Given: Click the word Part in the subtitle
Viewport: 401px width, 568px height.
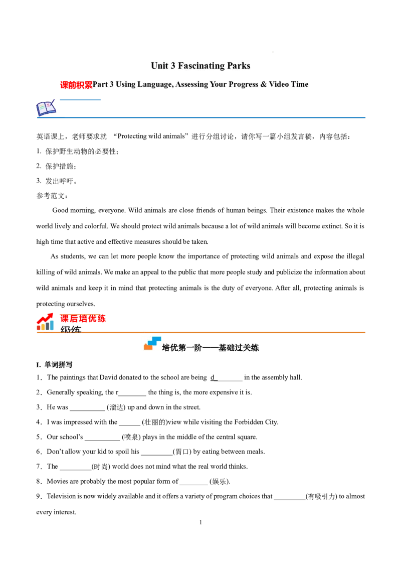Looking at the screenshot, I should (100, 84).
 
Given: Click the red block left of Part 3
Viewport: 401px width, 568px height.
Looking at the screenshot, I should (75, 85).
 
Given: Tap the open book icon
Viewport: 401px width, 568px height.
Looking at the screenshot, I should (46, 108).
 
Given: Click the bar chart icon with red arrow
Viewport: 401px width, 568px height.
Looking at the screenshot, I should (46, 322).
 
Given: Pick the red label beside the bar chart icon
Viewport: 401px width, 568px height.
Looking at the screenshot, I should (83, 319).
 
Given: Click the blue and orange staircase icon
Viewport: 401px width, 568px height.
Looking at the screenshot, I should (152, 344).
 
